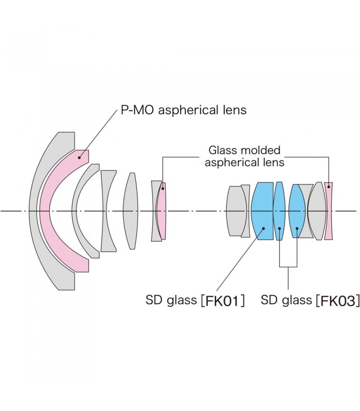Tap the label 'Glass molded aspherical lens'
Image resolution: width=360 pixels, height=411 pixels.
click(x=244, y=156)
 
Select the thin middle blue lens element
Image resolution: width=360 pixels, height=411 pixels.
click(x=279, y=211)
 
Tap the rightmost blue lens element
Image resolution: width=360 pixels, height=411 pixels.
click(x=297, y=211)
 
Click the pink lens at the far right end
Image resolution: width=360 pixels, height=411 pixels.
click(x=329, y=211)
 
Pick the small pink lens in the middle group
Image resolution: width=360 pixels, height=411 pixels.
click(x=162, y=211)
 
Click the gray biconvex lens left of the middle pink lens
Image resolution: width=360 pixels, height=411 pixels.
click(x=131, y=211)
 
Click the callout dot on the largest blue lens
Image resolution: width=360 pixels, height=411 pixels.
click(x=263, y=229)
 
